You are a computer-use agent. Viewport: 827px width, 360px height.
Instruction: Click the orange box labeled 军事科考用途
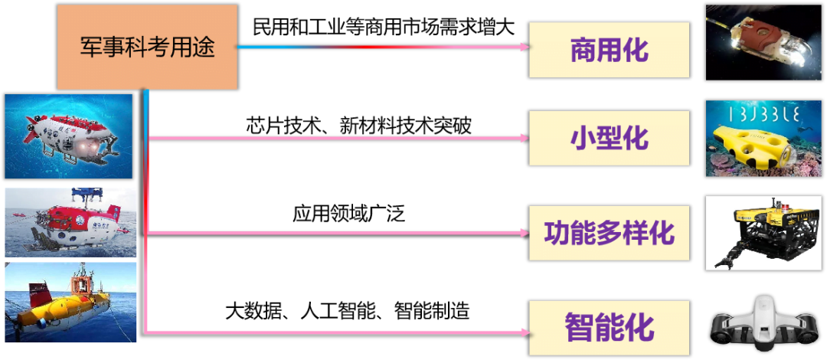pyautogui.click(x=147, y=47)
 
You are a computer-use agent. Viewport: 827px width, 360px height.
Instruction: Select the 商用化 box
pyautogui.click(x=609, y=50)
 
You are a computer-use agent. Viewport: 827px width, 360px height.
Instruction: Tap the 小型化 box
pyautogui.click(x=609, y=138)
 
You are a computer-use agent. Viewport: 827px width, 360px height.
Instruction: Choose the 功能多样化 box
pyautogui.click(x=609, y=233)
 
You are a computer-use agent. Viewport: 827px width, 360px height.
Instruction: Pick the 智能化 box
pyautogui.click(x=609, y=329)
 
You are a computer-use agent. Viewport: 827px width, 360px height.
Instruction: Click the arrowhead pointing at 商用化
pyautogui.click(x=524, y=47)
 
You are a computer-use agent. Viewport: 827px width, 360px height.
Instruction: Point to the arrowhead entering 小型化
pyautogui.click(x=524, y=139)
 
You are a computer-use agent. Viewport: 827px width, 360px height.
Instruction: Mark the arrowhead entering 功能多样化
pyautogui.click(x=524, y=233)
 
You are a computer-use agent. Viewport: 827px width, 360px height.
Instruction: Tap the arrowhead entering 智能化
pyautogui.click(x=524, y=332)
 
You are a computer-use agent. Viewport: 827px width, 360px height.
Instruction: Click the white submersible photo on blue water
pyautogui.click(x=68, y=136)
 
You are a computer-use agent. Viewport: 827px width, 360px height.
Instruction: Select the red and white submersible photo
pyautogui.click(x=70, y=222)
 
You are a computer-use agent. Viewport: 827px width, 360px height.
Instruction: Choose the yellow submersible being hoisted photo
pyautogui.click(x=70, y=302)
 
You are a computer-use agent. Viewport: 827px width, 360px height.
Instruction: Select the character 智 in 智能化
pyautogui.click(x=580, y=329)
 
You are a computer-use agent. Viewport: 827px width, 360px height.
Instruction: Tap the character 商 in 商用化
pyautogui.click(x=583, y=50)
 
